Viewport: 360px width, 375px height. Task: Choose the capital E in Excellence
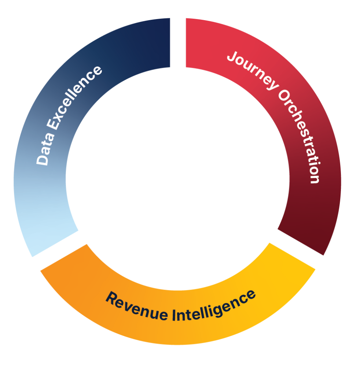point(53,126)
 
